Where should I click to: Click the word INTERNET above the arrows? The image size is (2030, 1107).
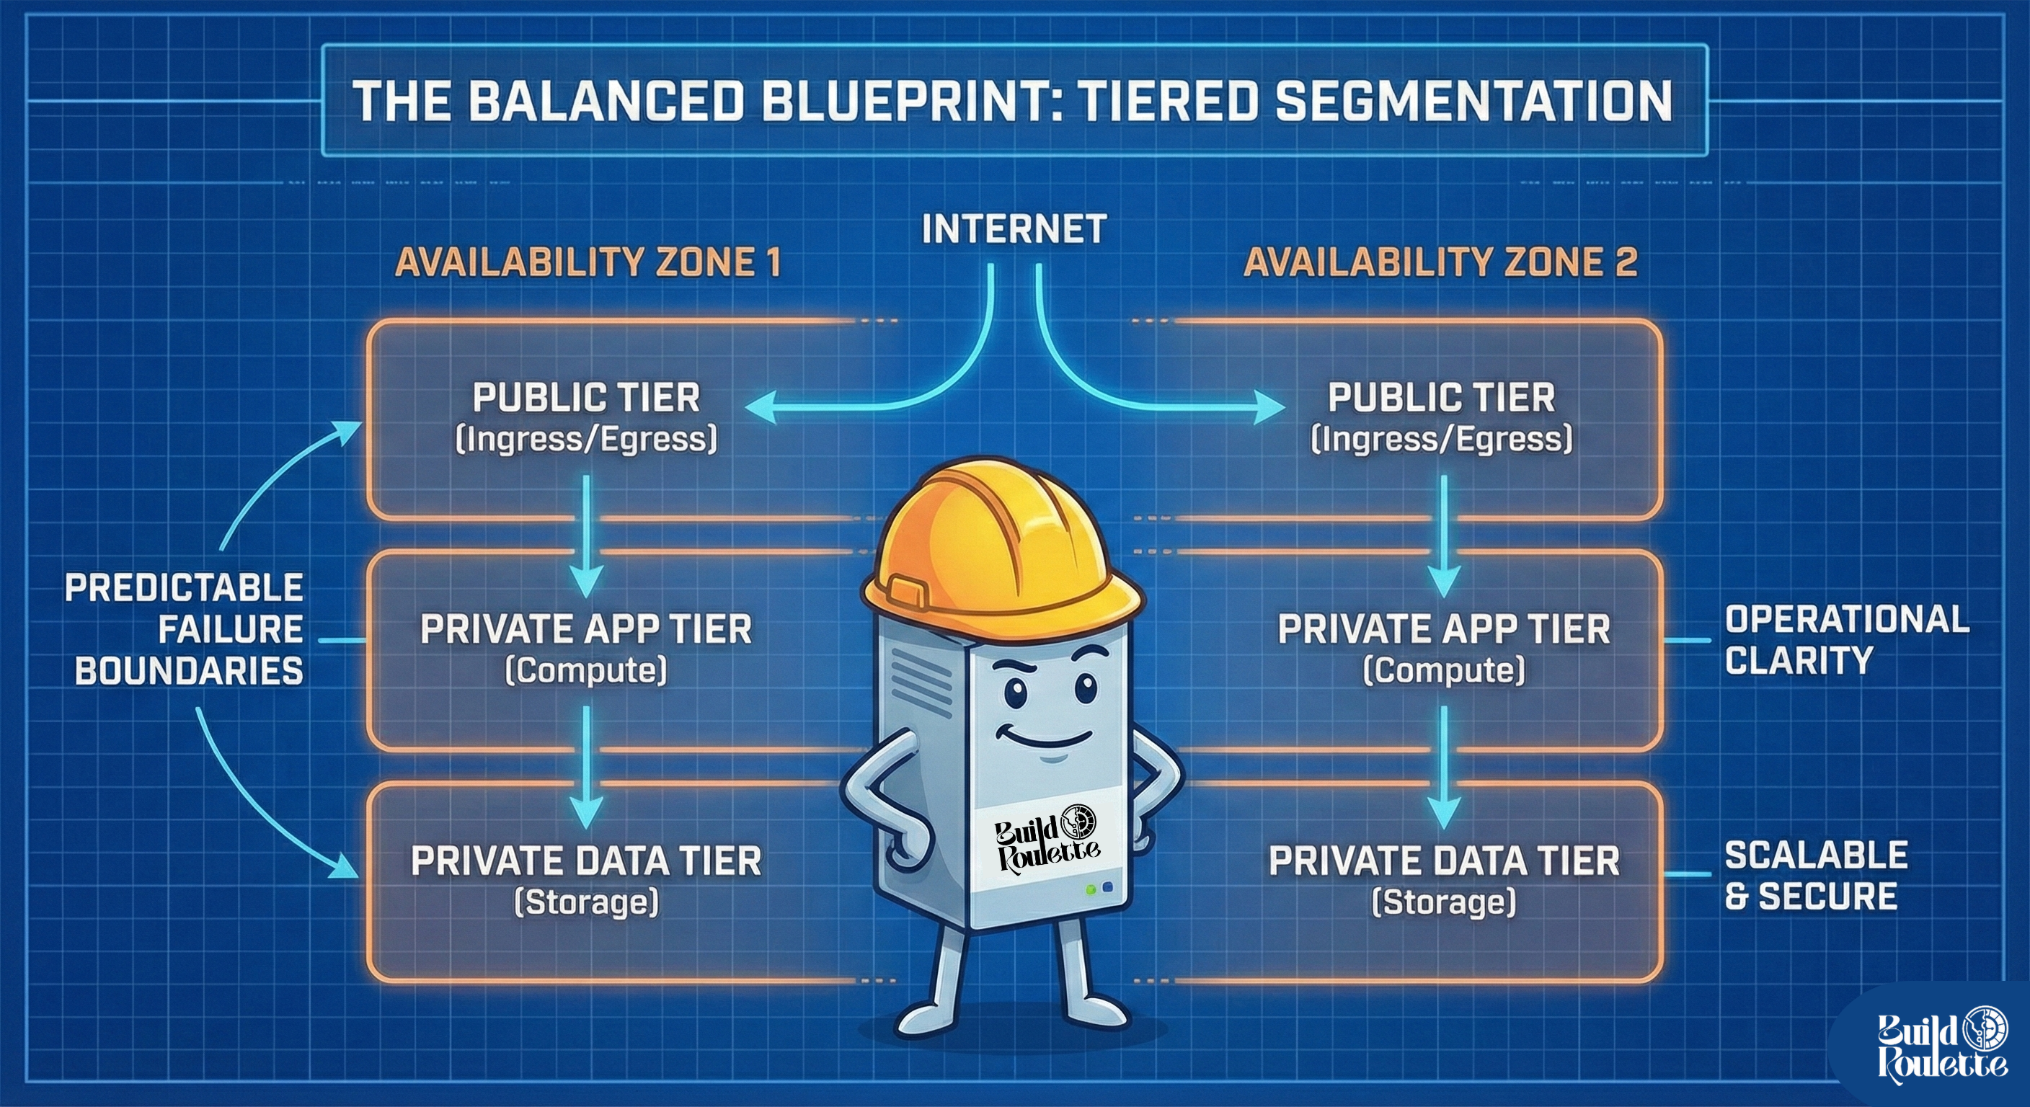tap(1014, 229)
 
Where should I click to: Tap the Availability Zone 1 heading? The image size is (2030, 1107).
tap(588, 262)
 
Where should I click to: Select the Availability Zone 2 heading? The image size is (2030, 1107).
tap(1440, 262)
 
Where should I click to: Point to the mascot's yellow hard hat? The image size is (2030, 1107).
tap(1001, 543)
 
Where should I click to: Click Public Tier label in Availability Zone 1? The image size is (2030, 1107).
tap(586, 398)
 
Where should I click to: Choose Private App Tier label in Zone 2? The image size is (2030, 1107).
tap(1444, 628)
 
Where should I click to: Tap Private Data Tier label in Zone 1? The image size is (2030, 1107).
tap(586, 861)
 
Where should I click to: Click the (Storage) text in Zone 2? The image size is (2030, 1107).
tap(1444, 902)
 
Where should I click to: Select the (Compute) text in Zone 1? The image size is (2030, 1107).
tap(586, 670)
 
